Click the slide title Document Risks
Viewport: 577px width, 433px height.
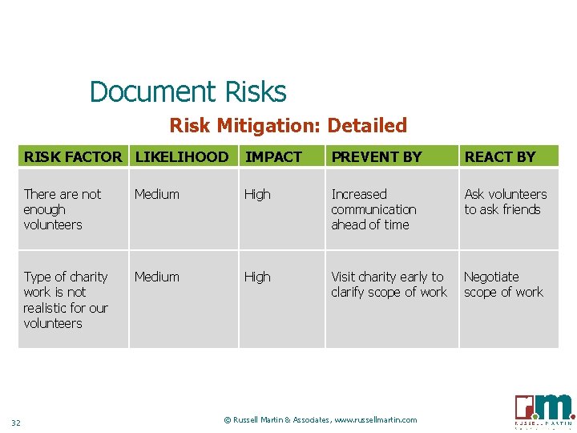188,92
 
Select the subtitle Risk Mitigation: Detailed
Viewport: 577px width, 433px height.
288,126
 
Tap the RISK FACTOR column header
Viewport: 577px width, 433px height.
73,157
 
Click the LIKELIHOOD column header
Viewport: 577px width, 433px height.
182,157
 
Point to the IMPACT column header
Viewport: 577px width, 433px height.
273,157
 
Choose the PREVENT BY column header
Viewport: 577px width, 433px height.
376,157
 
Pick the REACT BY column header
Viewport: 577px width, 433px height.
500,157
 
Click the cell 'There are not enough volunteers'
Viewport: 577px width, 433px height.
63,209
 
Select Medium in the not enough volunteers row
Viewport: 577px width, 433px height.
157,194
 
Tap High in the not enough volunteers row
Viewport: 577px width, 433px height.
257,194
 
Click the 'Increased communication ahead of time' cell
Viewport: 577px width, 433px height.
373,209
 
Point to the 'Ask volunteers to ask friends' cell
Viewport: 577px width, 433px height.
505,202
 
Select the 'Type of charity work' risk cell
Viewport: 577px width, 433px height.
65,300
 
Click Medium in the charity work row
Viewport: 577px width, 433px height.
157,277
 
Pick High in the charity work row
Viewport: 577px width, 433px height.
257,277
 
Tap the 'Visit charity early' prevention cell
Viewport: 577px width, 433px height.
389,285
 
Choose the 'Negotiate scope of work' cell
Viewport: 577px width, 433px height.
503,285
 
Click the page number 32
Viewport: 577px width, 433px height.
16,423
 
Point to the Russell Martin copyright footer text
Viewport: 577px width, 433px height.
321,419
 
